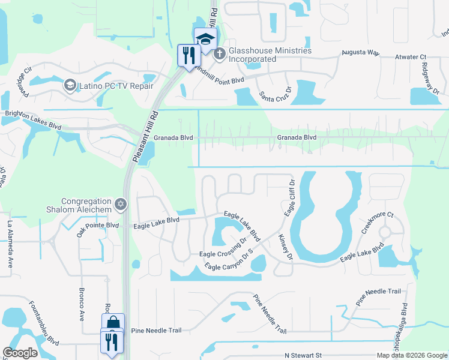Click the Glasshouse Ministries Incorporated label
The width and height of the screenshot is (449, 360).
click(x=269, y=55)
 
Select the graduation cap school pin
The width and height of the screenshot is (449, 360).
click(x=205, y=40)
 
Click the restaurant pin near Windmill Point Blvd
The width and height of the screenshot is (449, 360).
click(x=190, y=56)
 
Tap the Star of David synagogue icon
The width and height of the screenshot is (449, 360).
click(x=121, y=205)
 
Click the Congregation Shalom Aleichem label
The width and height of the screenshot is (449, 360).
click(x=86, y=205)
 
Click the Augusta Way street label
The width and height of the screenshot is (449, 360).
click(x=360, y=53)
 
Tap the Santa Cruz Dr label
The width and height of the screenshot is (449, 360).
click(x=275, y=91)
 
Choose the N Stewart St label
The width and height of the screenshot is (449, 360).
click(x=303, y=355)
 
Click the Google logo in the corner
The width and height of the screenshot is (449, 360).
click(x=20, y=353)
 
